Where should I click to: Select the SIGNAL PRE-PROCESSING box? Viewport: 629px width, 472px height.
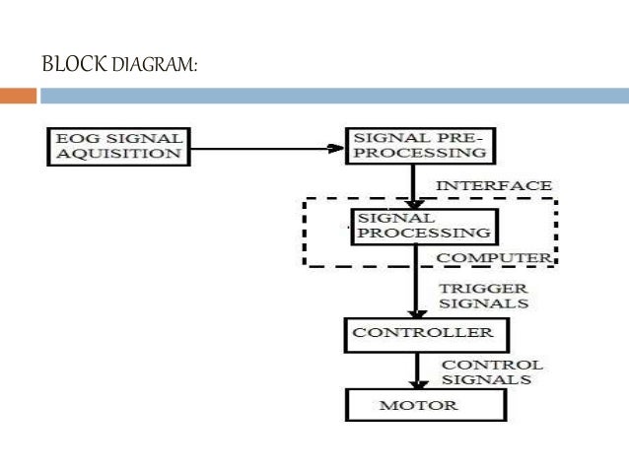click(x=419, y=144)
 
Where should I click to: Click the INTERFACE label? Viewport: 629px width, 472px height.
click(x=494, y=185)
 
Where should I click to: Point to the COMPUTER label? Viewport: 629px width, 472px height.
click(x=494, y=257)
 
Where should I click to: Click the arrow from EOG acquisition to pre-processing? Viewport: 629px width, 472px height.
click(x=266, y=150)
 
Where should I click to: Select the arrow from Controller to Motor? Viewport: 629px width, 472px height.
click(x=416, y=371)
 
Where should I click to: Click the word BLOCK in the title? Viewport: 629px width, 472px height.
click(x=73, y=65)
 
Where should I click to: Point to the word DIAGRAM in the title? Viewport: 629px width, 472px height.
click(x=154, y=66)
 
